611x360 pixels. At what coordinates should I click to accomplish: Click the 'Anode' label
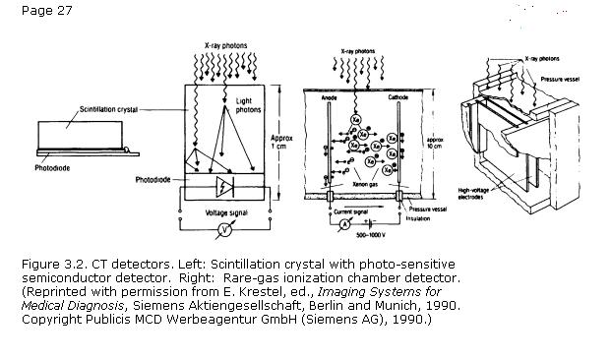click(331, 98)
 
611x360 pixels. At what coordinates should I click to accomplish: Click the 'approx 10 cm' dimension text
click(436, 144)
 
